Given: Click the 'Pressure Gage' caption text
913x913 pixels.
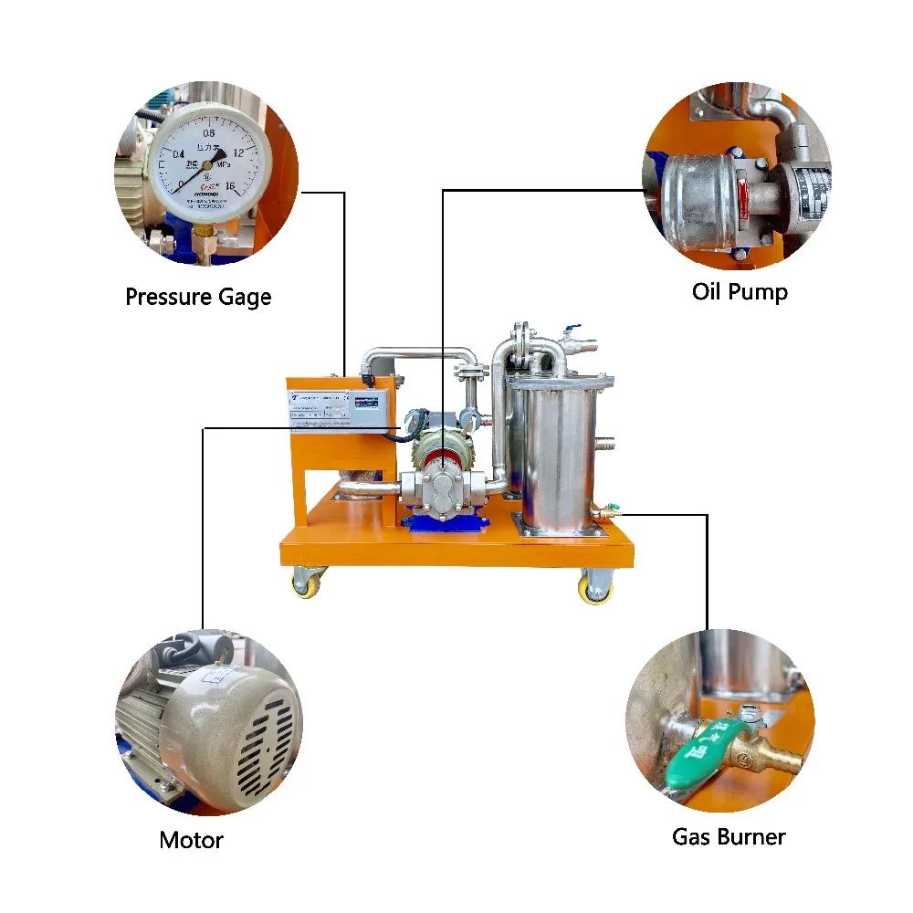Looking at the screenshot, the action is [x=198, y=297].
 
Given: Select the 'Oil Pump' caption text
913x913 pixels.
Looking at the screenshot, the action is [x=740, y=292].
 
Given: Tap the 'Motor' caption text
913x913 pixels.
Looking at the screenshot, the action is [x=191, y=840].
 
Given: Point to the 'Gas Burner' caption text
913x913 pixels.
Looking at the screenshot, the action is [x=729, y=836].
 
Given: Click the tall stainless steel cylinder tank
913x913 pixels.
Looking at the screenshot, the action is [x=551, y=456].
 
